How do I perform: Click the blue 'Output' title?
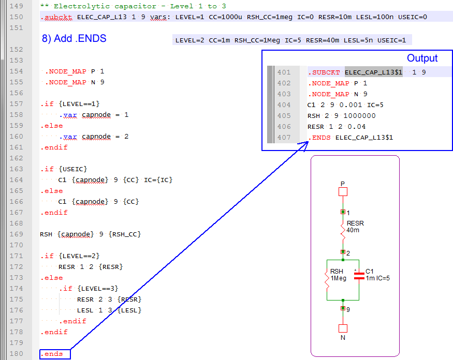422,58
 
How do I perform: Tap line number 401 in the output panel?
284,72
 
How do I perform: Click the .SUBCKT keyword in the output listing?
324,72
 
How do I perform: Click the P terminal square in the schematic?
342,192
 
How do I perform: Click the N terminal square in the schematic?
342,328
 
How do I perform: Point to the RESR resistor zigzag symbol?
342,231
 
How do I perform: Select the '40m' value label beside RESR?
353,230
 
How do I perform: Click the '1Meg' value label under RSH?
338,278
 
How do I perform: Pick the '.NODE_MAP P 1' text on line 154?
74,71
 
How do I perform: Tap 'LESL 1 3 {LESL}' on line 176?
109,310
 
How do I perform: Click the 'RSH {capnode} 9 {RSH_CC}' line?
90,234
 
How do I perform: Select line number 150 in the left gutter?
17,17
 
